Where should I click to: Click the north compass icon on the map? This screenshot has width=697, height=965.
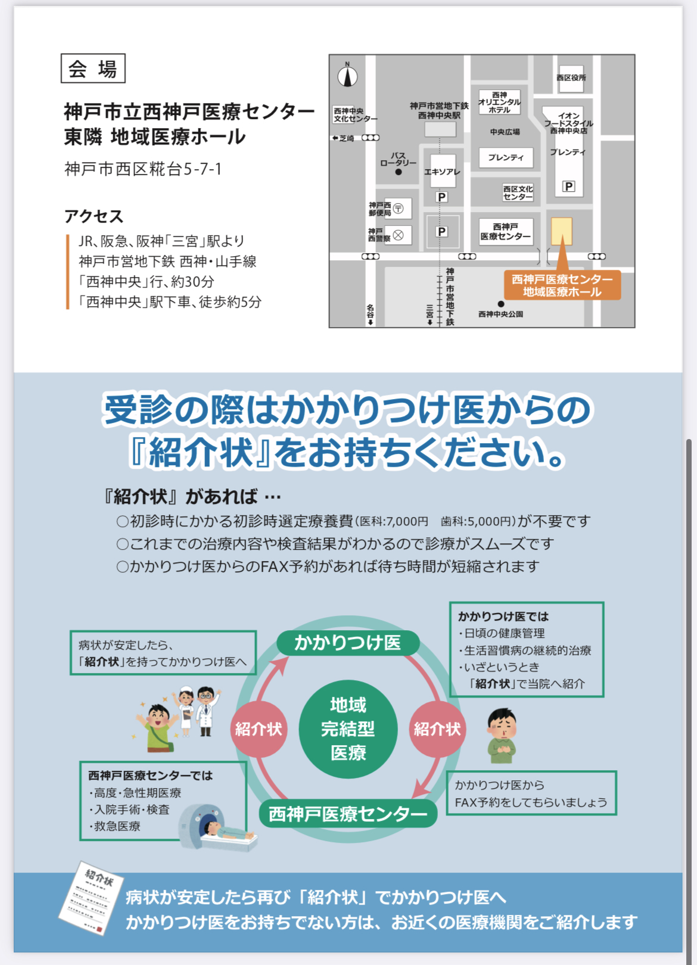pyautogui.click(x=348, y=76)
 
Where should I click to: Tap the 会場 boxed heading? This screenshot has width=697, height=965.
pyautogui.click(x=93, y=69)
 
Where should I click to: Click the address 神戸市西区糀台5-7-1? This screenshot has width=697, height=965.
pyautogui.click(x=143, y=169)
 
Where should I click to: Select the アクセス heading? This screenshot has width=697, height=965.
pyautogui.click(x=94, y=216)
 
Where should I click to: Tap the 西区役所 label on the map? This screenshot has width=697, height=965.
pyautogui.click(x=571, y=77)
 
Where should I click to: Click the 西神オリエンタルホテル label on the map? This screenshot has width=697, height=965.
pyautogui.click(x=499, y=102)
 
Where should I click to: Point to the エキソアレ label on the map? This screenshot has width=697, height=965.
pyautogui.click(x=441, y=172)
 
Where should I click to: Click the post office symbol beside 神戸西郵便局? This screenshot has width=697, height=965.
pyautogui.click(x=399, y=208)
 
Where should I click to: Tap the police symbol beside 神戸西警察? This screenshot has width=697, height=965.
pyautogui.click(x=399, y=235)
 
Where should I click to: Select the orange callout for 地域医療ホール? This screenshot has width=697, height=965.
pyautogui.click(x=562, y=285)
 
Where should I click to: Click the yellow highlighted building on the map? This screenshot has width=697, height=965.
pyautogui.click(x=561, y=231)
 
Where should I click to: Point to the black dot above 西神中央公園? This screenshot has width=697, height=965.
pyautogui.click(x=501, y=304)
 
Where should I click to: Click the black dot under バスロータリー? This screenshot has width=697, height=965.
pyautogui.click(x=399, y=172)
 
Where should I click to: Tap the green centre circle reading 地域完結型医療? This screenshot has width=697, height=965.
pyautogui.click(x=348, y=729)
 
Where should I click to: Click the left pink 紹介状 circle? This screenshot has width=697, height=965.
pyautogui.click(x=259, y=729)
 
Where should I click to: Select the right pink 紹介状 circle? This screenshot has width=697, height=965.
pyautogui.click(x=437, y=729)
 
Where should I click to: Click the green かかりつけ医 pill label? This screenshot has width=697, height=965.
pyautogui.click(x=348, y=643)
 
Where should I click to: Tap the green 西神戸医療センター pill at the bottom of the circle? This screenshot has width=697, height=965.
pyautogui.click(x=348, y=814)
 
